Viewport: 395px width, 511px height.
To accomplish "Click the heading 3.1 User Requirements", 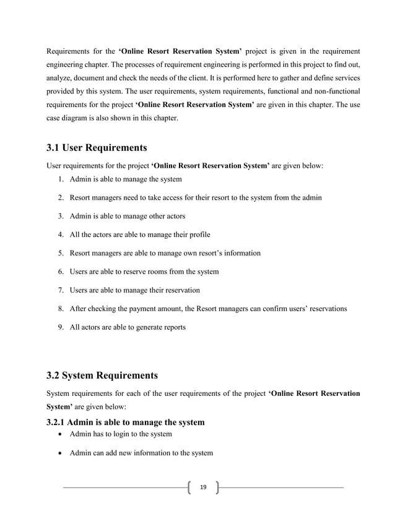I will pyautogui.click(x=97, y=148).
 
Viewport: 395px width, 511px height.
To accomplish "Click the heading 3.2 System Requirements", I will pyautogui.click(x=103, y=376).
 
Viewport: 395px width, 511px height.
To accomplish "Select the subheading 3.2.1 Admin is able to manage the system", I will pyautogui.click(x=126, y=422).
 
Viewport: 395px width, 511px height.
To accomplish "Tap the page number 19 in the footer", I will pyautogui.click(x=202, y=489).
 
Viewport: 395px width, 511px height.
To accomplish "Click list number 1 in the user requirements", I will pyautogui.click(x=60, y=179).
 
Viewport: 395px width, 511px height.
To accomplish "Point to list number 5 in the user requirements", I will pyautogui.click(x=60, y=253).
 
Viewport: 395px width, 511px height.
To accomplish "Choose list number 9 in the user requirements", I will pyautogui.click(x=60, y=327).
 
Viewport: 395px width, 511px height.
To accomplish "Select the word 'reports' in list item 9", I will pyautogui.click(x=172, y=327).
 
